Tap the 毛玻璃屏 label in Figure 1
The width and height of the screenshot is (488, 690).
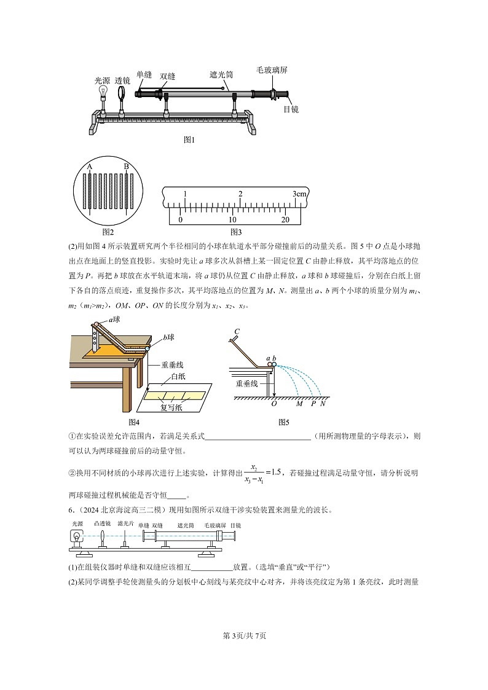[x=272, y=71]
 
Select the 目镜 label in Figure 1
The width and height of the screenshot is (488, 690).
[x=291, y=109]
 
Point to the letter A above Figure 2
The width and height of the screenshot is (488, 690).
[x=90, y=167]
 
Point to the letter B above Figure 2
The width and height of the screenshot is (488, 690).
[x=126, y=167]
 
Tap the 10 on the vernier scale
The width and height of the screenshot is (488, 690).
[x=232, y=219]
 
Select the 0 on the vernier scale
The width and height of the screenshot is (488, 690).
[x=180, y=219]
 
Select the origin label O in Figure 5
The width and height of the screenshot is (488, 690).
[x=274, y=404]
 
